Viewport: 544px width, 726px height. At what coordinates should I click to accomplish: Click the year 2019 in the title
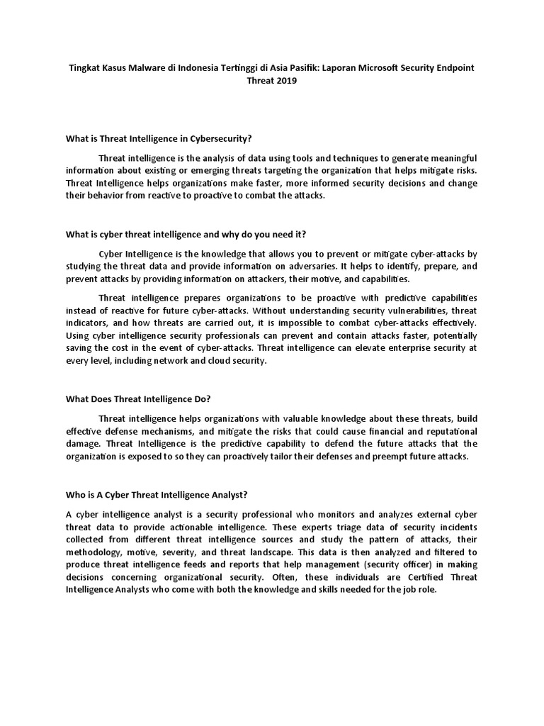coord(285,80)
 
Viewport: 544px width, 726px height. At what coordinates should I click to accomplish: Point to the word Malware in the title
coord(145,67)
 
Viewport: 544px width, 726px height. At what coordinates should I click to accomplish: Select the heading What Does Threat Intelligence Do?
coord(138,398)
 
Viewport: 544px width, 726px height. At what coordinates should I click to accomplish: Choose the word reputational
coord(444,431)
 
